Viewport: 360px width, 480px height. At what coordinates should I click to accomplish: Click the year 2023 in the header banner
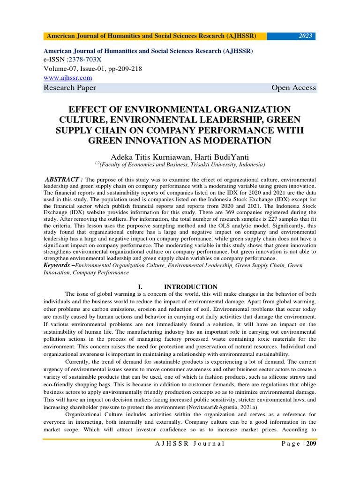coord(305,36)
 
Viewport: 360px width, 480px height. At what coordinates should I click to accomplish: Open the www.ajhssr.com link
coord(67,77)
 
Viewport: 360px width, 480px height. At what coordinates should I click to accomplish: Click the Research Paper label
coord(70,88)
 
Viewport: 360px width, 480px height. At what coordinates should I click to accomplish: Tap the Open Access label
coord(293,88)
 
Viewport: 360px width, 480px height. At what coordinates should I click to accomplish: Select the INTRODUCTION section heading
coord(190,287)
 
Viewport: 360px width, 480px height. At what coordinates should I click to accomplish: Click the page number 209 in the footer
coord(311,443)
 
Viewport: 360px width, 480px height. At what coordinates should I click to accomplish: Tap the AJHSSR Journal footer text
coord(190,443)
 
